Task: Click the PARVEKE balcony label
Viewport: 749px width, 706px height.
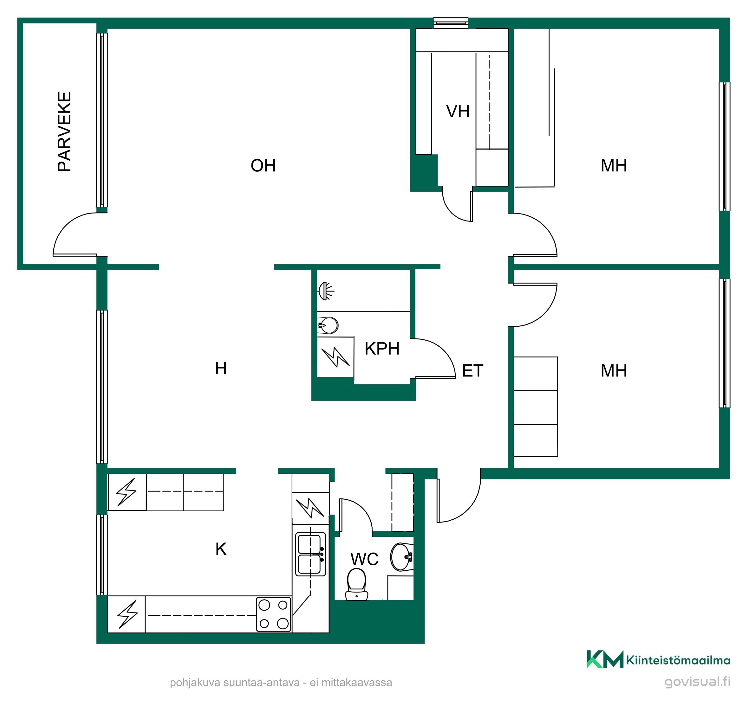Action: [x=64, y=132]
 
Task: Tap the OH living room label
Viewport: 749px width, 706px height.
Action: [x=264, y=166]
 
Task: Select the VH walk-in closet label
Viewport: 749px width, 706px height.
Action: [x=458, y=112]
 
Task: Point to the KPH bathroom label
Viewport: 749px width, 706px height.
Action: [x=382, y=349]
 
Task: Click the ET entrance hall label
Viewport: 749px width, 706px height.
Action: [x=472, y=371]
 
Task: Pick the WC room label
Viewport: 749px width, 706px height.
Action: [x=364, y=559]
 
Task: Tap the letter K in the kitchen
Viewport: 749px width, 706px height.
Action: [x=221, y=549]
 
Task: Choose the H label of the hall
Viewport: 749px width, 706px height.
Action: [x=221, y=368]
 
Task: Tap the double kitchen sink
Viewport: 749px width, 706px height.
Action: [x=310, y=554]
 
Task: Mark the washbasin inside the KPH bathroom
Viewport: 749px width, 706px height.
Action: [x=328, y=325]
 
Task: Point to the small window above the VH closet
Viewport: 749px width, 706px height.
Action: [x=451, y=23]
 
